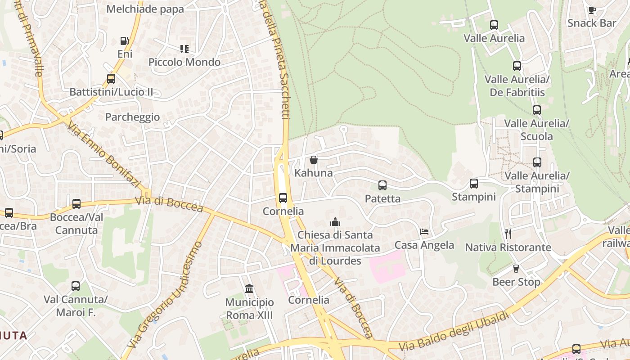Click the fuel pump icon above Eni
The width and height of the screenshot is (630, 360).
click(x=124, y=41)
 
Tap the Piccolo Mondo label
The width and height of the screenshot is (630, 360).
click(x=184, y=62)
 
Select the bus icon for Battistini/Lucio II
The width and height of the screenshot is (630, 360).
click(x=111, y=79)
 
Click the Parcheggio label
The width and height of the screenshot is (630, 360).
click(x=132, y=117)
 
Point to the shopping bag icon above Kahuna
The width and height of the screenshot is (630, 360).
click(x=314, y=160)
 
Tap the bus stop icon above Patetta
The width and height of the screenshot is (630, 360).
click(x=382, y=185)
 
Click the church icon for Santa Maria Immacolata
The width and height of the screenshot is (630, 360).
click(x=335, y=222)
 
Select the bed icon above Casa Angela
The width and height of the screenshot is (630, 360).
click(x=424, y=232)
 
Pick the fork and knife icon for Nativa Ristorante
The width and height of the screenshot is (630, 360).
click(x=508, y=234)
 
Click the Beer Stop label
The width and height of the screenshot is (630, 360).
click(x=516, y=282)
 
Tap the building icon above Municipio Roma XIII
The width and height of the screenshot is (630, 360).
click(x=249, y=288)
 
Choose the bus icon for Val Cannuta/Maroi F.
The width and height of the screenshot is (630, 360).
click(x=76, y=286)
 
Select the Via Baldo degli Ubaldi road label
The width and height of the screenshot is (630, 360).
click(x=454, y=331)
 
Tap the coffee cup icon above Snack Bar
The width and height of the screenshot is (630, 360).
click(x=592, y=10)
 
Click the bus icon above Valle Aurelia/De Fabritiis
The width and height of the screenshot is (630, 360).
click(x=517, y=66)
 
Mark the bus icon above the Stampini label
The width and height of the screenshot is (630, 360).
click(x=473, y=184)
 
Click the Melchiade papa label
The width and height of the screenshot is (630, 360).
click(x=145, y=9)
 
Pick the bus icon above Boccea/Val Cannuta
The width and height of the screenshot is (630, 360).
click(x=76, y=204)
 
